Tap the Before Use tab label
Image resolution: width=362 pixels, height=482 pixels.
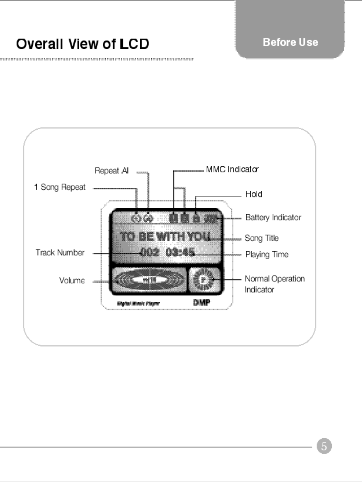point(290,42)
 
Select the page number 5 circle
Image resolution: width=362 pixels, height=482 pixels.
point(324,446)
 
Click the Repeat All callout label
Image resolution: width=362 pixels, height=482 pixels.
point(112,171)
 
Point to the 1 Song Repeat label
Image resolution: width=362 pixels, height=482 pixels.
point(60,187)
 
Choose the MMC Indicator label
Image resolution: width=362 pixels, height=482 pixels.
point(232,169)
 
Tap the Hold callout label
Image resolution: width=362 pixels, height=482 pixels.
point(253,194)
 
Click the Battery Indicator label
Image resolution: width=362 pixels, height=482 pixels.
point(273,218)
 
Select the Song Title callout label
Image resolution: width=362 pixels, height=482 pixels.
point(261,238)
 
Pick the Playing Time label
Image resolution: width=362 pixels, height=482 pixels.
point(267,255)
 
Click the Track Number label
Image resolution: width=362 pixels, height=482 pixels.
point(60,253)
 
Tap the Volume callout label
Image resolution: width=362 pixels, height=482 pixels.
point(72,280)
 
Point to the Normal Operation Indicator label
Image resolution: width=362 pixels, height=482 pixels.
point(274,284)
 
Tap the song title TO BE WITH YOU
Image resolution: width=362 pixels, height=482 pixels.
point(165,236)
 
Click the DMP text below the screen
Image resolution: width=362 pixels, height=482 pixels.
point(202,303)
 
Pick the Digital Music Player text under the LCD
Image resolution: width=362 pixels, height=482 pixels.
point(138,303)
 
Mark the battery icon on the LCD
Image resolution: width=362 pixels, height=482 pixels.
point(211,219)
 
